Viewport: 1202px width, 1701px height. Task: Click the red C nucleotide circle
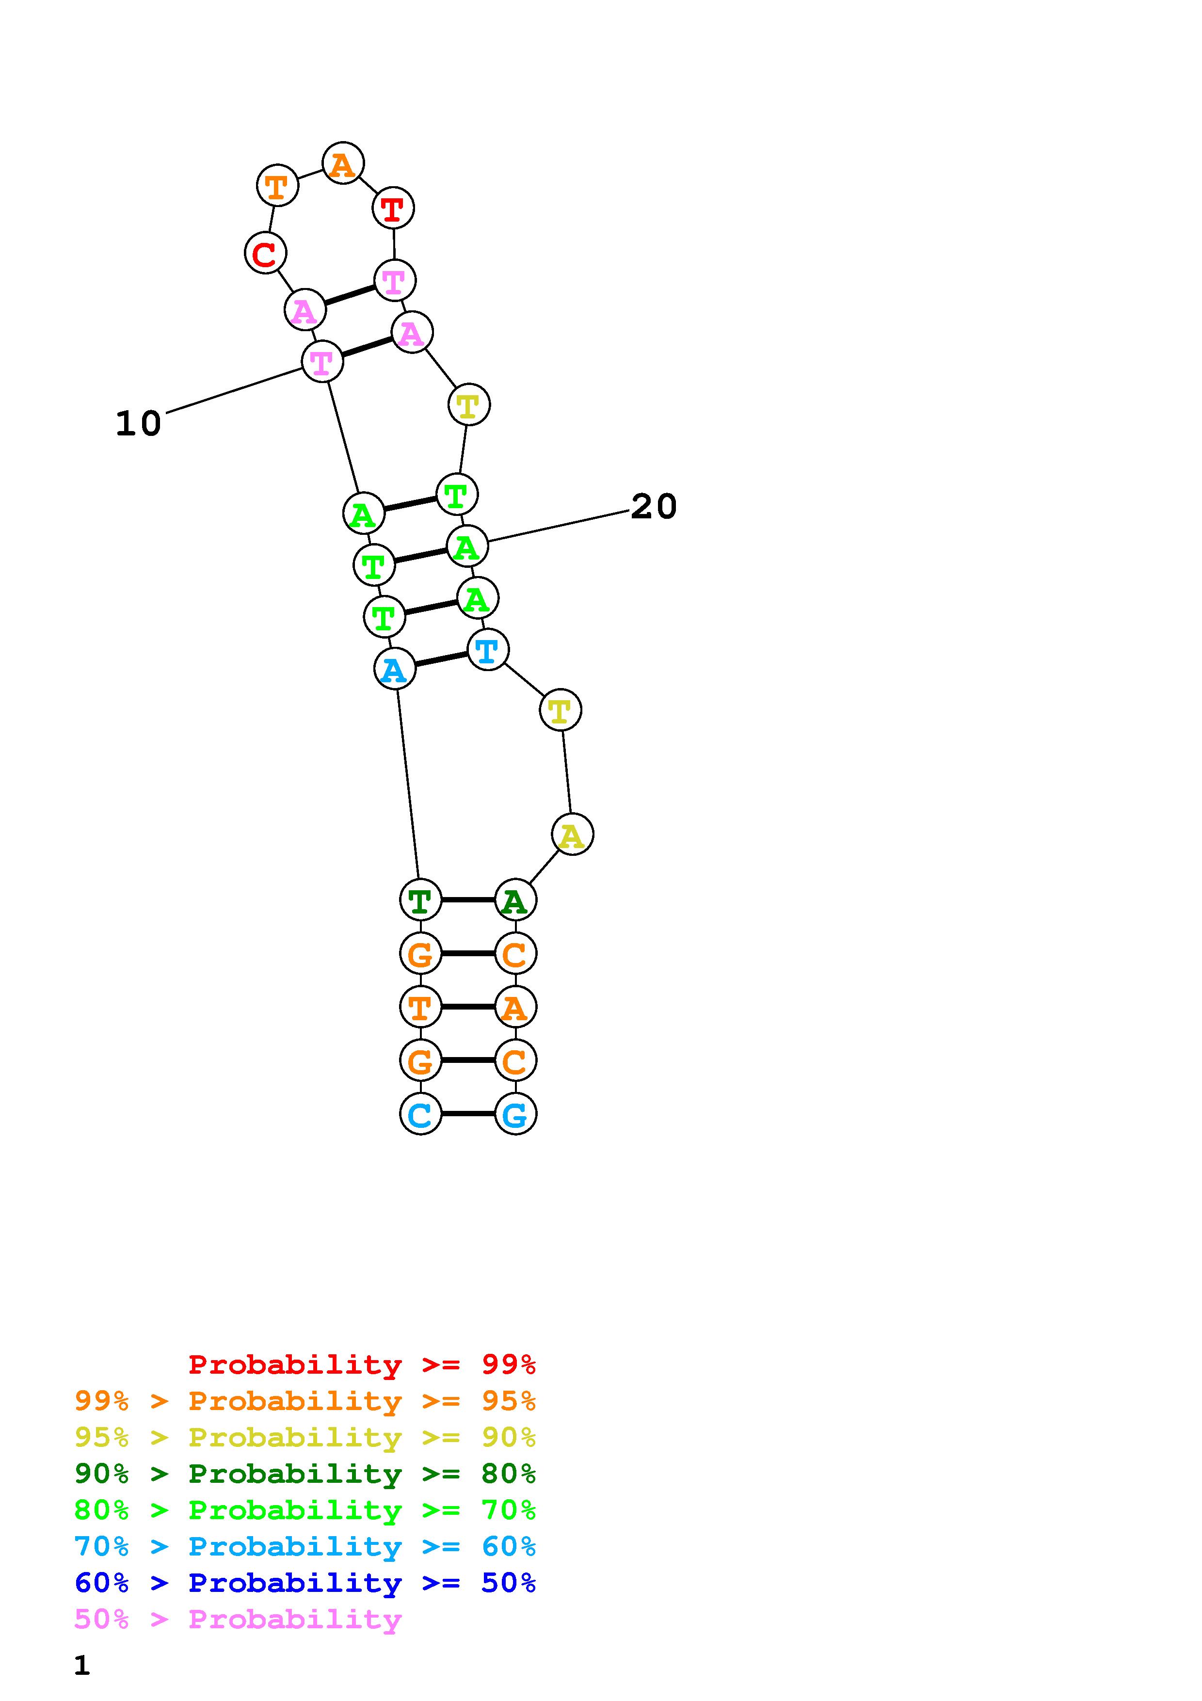(265, 253)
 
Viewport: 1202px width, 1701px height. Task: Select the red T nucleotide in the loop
(393, 208)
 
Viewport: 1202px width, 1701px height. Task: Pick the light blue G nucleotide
(515, 1113)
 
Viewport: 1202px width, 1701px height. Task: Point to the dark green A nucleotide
(515, 900)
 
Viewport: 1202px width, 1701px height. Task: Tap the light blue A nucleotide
(395, 668)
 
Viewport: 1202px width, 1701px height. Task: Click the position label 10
(139, 424)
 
